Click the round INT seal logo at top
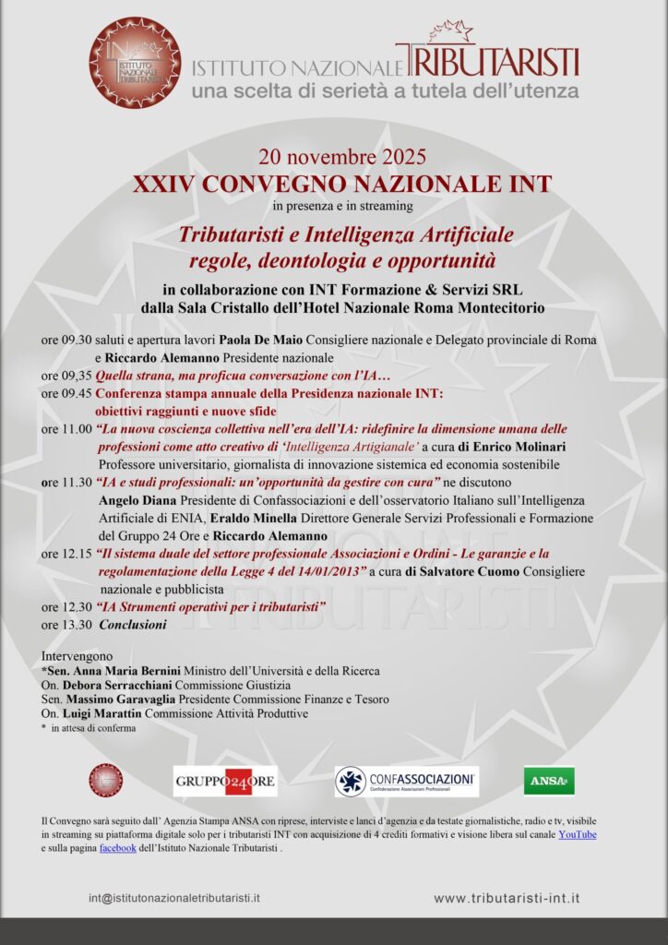135,63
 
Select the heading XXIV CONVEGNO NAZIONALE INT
342,183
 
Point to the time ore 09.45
66,393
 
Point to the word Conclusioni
133,625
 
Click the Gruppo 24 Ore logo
224,781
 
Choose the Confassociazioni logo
406,781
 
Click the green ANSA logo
549,781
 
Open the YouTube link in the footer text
578,834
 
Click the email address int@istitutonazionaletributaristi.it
174,897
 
